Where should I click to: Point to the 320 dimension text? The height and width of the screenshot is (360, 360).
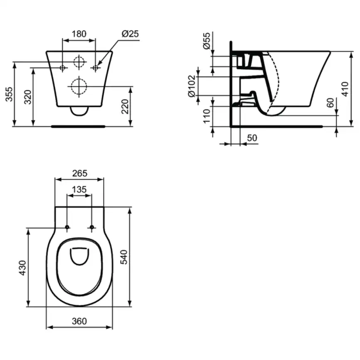tap(27, 97)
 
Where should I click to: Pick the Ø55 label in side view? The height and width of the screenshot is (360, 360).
tap(207, 42)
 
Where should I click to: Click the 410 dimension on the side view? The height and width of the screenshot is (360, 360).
tap(345, 88)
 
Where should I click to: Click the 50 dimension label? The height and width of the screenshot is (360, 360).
tap(252, 137)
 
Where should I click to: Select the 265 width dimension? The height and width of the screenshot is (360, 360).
tap(79, 173)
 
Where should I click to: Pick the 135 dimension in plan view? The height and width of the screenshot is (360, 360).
tap(79, 190)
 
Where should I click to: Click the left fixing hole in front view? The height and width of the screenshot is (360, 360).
tap(62, 67)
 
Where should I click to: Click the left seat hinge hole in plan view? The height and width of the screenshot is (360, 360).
tap(67, 227)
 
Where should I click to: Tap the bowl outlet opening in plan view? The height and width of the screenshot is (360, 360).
tap(79, 256)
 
